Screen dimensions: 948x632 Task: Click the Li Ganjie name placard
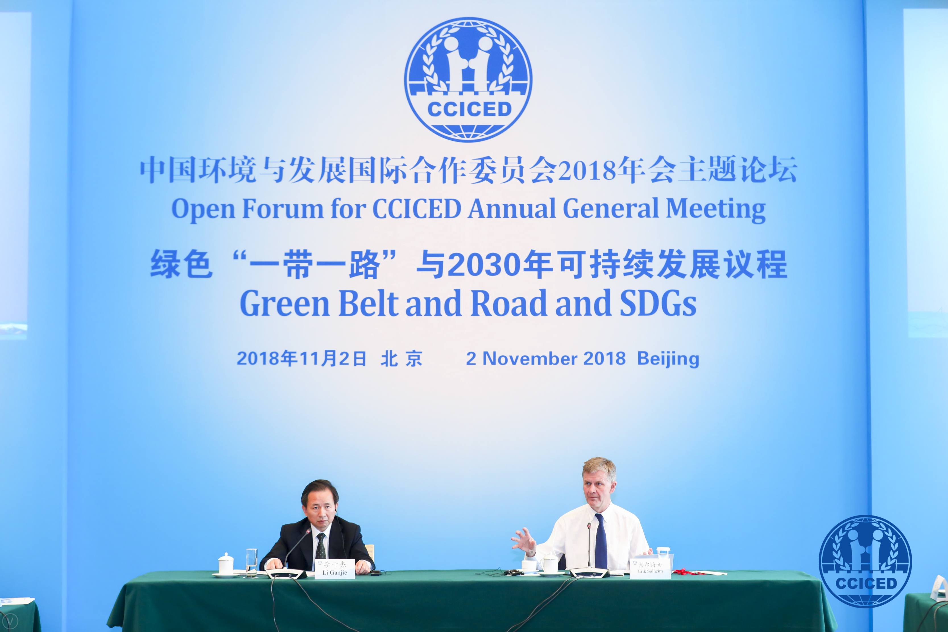(x=335, y=569)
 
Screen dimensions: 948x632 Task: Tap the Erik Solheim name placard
(x=650, y=568)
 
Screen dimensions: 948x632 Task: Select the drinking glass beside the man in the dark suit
(x=251, y=563)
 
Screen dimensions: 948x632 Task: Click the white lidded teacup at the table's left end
(x=226, y=564)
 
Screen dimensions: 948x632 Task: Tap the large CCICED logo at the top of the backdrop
(x=468, y=79)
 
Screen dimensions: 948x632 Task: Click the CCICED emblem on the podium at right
(x=865, y=561)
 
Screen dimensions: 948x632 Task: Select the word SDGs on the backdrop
(x=658, y=303)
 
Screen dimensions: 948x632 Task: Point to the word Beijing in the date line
(x=668, y=359)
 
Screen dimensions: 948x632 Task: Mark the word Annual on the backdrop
(x=512, y=208)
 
